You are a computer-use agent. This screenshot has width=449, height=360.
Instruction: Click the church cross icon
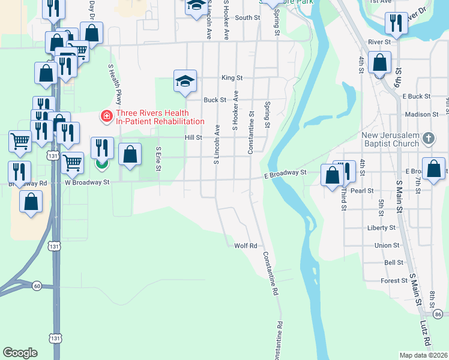428,139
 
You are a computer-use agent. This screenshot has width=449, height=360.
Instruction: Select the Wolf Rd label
246,245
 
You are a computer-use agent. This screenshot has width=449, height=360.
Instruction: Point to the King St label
232,78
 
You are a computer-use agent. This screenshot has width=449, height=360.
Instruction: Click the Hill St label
193,137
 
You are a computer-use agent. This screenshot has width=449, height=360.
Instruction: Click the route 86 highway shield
438,314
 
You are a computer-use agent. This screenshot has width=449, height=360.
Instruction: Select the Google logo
20,352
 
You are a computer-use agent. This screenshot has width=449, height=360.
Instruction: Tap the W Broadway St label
87,181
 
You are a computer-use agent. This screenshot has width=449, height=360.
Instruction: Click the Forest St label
394,281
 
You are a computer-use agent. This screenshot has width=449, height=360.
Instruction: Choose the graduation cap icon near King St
185,82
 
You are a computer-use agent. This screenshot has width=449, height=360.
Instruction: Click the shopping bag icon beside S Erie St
130,155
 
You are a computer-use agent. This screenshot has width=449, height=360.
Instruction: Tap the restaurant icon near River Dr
395,24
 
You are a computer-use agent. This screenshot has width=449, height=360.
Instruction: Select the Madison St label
422,114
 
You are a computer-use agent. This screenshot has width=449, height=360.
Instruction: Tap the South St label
247,18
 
